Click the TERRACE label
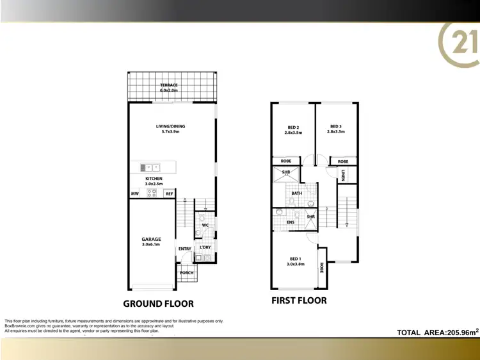tap(169, 85)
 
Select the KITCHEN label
tap(154, 179)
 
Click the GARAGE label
tap(151, 239)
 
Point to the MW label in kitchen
tap(135, 193)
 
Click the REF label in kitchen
tap(170, 193)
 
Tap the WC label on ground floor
tap(205, 225)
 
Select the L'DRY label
tap(205, 247)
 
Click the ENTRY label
tap(185, 249)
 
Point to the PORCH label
tap(186, 273)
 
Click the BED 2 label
tap(293, 127)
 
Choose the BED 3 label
tap(336, 127)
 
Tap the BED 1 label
tap(295, 259)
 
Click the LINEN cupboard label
tap(344, 175)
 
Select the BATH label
tap(297, 193)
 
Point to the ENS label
tap(290, 222)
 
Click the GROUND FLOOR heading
tap(158, 304)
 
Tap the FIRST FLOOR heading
tap(299, 300)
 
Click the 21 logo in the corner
tap(459, 44)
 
